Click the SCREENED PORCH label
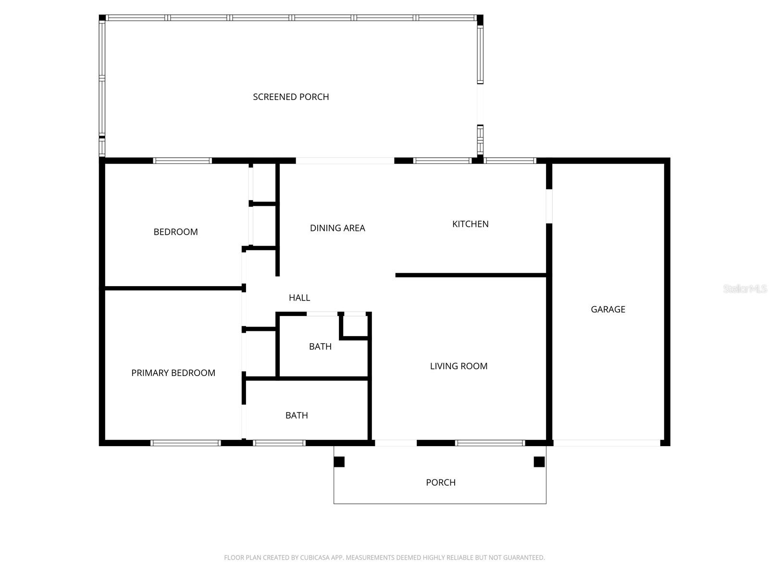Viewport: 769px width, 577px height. [291, 97]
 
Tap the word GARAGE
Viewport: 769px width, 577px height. [608, 309]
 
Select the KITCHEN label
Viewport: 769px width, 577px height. [470, 224]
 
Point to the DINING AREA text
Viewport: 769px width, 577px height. [337, 228]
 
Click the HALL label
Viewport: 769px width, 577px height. [299, 298]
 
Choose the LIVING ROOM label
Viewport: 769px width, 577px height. [459, 366]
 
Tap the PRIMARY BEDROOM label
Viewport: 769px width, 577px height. [173, 373]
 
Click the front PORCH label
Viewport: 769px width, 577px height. [440, 482]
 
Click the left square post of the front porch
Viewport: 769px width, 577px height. [339, 462]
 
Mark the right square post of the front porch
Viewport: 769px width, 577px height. [539, 462]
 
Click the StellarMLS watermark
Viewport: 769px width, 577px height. [744, 288]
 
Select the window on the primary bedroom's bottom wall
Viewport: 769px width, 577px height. [186, 443]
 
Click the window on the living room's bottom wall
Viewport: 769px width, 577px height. [490, 443]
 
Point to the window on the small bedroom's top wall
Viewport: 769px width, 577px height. [182, 161]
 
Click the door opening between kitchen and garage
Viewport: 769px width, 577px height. [549, 206]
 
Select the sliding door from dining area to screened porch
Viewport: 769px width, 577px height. [345, 161]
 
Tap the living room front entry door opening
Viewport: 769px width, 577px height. [396, 443]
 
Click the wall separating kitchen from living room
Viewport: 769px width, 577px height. [471, 275]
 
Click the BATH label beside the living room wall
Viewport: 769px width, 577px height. [320, 346]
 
